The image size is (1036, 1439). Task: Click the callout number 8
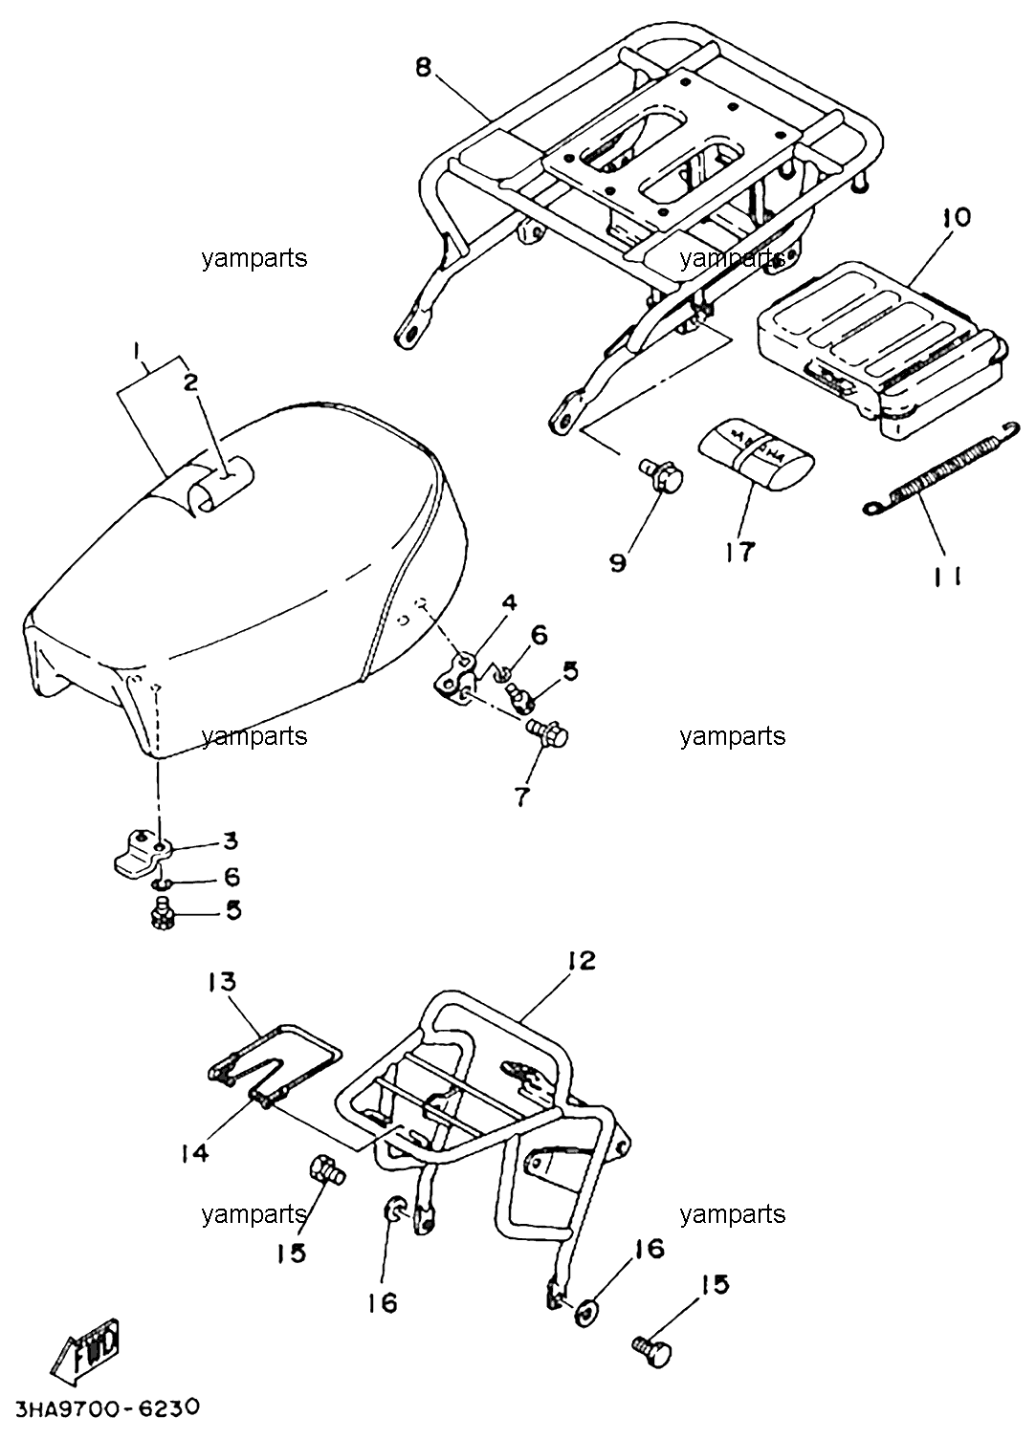(x=423, y=68)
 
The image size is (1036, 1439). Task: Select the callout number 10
(x=957, y=217)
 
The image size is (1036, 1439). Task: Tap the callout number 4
(x=509, y=602)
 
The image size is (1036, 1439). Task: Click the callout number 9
(x=618, y=563)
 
